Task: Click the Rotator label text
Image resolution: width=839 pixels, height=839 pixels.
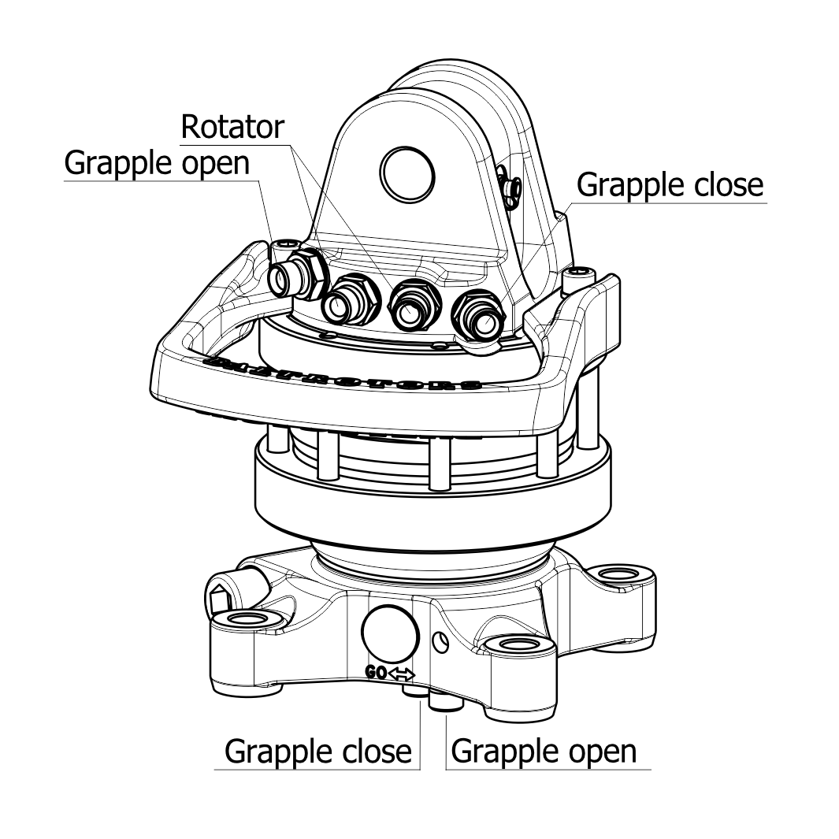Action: point(232,126)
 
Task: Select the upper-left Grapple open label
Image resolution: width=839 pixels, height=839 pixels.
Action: point(157,163)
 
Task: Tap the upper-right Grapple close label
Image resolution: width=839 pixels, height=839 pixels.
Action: point(670,184)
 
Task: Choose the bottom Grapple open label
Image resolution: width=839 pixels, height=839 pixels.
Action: point(544,750)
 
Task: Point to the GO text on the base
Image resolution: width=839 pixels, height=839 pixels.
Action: point(376,673)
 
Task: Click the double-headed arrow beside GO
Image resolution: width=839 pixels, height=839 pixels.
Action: point(401,674)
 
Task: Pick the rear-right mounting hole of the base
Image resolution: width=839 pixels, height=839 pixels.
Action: point(623,574)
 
